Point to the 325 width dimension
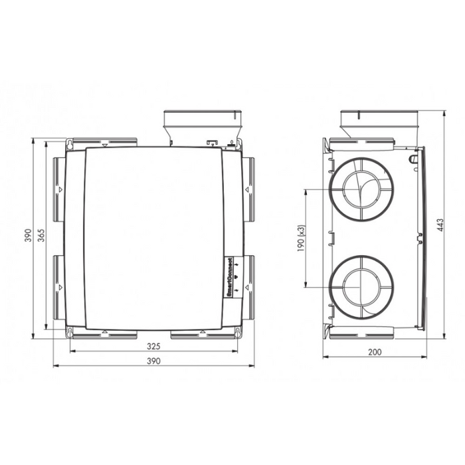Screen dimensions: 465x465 [x=153, y=346]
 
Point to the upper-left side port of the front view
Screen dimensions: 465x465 [x=58, y=189]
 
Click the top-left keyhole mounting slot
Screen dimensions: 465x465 [x=69, y=143]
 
